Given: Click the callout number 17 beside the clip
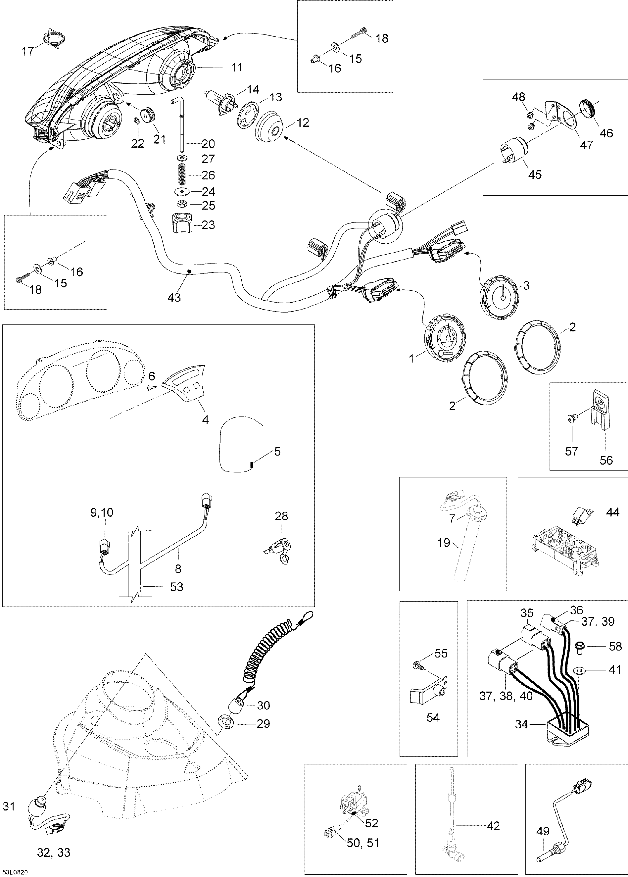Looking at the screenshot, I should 27,51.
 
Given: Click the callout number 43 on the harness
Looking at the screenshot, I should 174,297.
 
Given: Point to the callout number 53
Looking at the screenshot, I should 177,587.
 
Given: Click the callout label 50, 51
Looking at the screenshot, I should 363,843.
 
